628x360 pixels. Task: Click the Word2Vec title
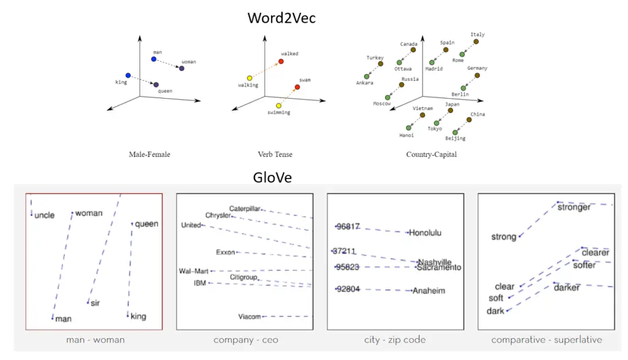pos(281,18)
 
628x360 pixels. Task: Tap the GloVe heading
pos(272,177)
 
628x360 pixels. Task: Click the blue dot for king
pos(128,75)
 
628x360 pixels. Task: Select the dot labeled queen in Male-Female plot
pos(156,85)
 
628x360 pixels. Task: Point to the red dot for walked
pos(281,62)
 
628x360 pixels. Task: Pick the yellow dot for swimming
pos(279,105)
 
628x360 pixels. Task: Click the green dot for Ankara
pos(367,77)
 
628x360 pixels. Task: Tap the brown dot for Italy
pos(476,42)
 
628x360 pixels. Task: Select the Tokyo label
pos(435,129)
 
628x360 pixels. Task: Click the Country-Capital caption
pos(431,155)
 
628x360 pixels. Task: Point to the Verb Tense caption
pos(275,155)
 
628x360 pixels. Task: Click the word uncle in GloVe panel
pos(44,215)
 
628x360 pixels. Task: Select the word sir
pos(95,303)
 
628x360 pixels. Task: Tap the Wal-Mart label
pos(193,271)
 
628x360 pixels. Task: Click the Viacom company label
pos(250,316)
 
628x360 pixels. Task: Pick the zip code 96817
pos(348,227)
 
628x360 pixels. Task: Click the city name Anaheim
pos(429,291)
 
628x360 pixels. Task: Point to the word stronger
pos(574,207)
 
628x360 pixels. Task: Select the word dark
pos(496,311)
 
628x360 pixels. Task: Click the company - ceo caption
pos(246,340)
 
